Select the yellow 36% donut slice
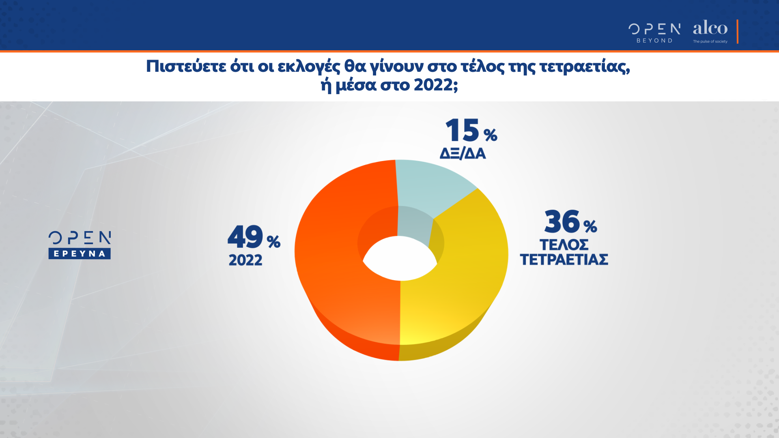(x=467, y=276)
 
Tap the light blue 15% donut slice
(x=430, y=187)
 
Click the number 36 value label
(x=562, y=221)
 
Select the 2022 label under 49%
(x=245, y=260)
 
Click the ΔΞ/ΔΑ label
(x=463, y=153)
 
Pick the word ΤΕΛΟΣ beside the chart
(x=564, y=245)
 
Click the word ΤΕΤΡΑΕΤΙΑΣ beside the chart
(x=564, y=260)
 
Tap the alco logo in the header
(x=710, y=28)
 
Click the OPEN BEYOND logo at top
(x=654, y=32)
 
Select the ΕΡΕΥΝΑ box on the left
(x=80, y=254)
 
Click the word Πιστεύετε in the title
(x=186, y=67)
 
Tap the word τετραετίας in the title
(x=584, y=67)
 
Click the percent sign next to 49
(x=273, y=242)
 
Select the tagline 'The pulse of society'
(x=710, y=41)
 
